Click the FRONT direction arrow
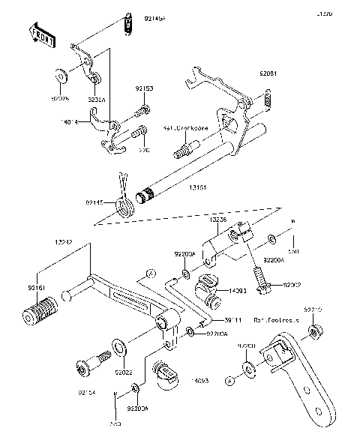pos(42,34)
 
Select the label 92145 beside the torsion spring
pos(95,202)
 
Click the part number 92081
pos(269,74)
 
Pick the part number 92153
pos(144,88)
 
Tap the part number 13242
pos(64,244)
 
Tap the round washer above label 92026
pos(58,76)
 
